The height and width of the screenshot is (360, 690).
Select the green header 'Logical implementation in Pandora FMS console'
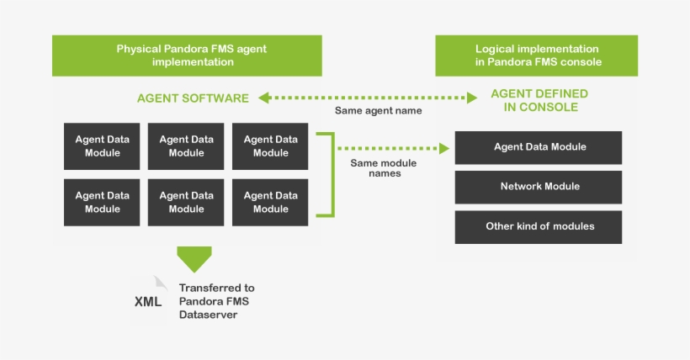point(536,56)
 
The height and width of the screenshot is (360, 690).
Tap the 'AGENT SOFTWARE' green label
point(193,98)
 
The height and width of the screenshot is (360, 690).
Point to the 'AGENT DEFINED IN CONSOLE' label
point(539,100)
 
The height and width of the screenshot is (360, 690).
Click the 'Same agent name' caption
point(378,110)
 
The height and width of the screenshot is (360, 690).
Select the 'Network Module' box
point(539,187)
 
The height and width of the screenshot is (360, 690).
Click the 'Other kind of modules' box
point(539,226)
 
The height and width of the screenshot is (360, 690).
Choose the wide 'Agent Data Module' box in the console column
point(539,147)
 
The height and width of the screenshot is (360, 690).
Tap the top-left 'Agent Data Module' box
point(102,146)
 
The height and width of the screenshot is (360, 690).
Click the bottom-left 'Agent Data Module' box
point(102,202)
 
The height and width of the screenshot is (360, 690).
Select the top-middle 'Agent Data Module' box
point(186,146)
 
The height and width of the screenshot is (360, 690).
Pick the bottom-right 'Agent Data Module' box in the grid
point(270,202)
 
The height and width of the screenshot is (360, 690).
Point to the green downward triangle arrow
point(194,258)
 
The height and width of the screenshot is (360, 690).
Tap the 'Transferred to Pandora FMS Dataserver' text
point(216,301)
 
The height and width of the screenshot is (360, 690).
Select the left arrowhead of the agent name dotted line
point(263,98)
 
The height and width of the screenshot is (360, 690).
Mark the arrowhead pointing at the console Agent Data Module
point(445,148)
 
